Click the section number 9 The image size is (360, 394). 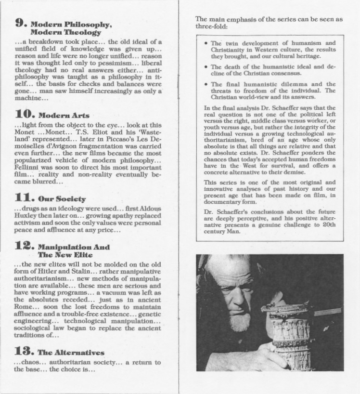21,23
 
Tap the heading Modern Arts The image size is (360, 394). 64,116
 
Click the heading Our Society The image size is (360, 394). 62,199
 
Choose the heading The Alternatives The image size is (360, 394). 71,352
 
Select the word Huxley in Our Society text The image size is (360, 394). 25,216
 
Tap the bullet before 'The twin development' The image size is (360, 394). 206,43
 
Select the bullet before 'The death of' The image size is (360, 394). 206,67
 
